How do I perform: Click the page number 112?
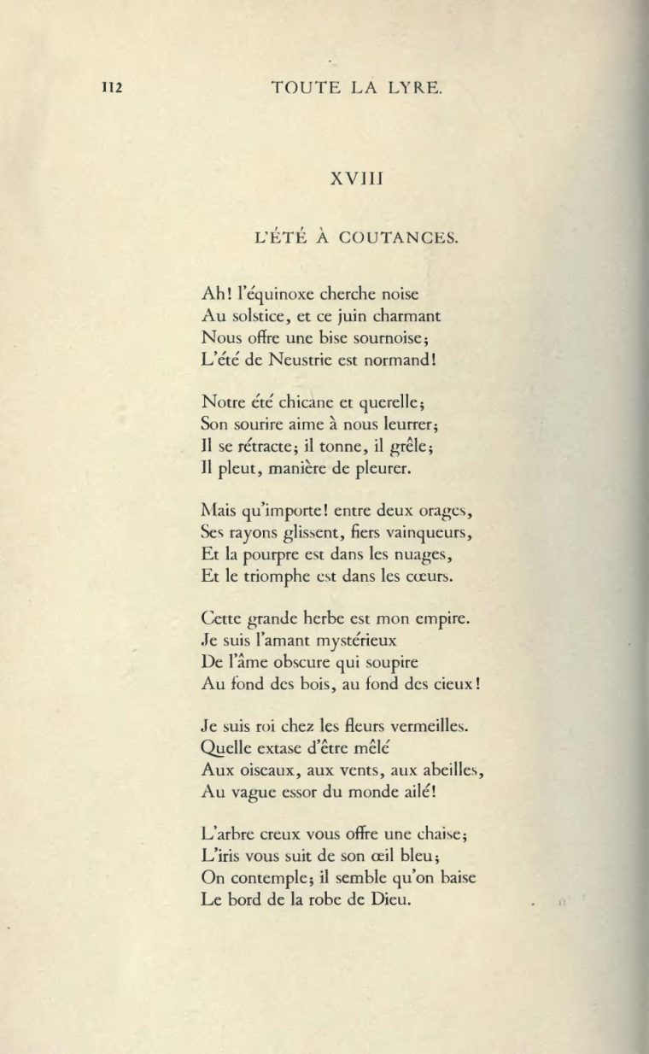click(x=114, y=85)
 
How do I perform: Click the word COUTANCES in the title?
click(x=401, y=238)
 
